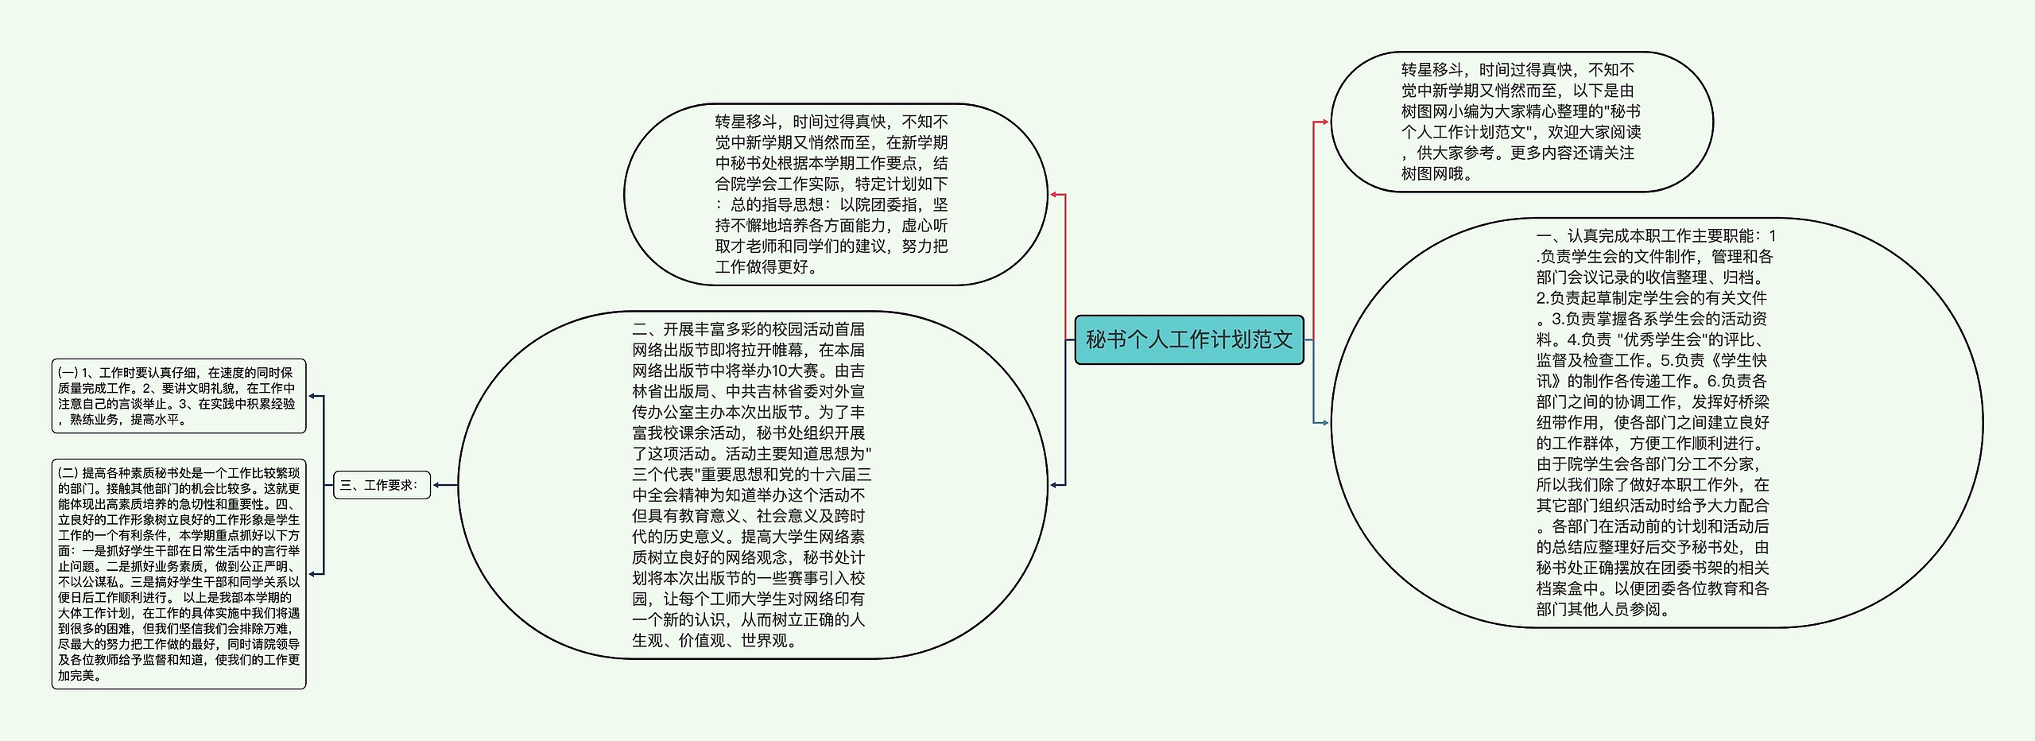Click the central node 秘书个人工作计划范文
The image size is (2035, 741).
[x=1188, y=340]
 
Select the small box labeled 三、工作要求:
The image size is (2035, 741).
[x=382, y=485]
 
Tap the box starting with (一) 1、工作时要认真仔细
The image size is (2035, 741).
[x=178, y=396]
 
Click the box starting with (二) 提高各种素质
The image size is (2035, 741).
[x=178, y=573]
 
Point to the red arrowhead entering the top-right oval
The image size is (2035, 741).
[x=1324, y=122]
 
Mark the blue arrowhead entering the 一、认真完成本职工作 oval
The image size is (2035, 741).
[x=1324, y=423]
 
